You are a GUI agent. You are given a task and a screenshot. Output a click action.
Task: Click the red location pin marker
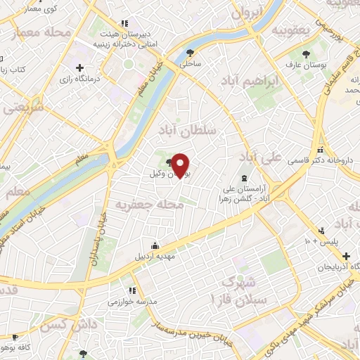181,165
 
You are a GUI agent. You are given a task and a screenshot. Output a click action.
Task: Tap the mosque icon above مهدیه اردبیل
155,245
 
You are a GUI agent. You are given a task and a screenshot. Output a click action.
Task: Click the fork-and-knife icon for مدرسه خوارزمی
131,290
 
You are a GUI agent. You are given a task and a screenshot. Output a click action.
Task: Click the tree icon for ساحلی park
189,52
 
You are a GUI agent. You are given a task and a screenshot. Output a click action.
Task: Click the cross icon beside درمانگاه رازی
79,68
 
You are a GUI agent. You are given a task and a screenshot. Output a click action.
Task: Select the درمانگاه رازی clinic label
102,78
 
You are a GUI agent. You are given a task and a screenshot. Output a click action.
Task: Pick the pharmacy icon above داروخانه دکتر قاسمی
321,150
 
